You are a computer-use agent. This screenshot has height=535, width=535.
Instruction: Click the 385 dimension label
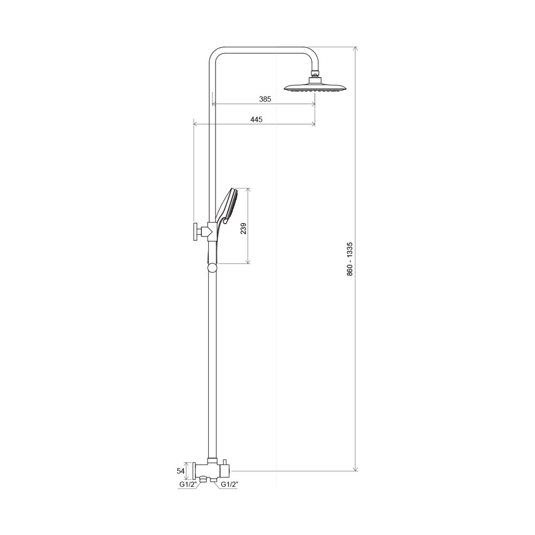[x=265, y=99]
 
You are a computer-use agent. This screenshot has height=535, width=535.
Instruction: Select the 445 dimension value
[x=256, y=119]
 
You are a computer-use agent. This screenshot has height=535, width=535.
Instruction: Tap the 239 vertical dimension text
[x=243, y=228]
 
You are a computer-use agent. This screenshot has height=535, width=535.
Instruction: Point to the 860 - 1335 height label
[x=350, y=259]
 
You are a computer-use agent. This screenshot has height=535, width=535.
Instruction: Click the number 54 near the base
[x=180, y=471]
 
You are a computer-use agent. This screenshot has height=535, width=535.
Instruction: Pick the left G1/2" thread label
[x=188, y=484]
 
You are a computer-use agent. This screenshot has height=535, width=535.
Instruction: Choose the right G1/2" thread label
[x=230, y=484]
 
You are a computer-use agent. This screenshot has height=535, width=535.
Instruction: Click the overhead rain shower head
[x=315, y=87]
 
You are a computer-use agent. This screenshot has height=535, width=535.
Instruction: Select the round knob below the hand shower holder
[x=212, y=267]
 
